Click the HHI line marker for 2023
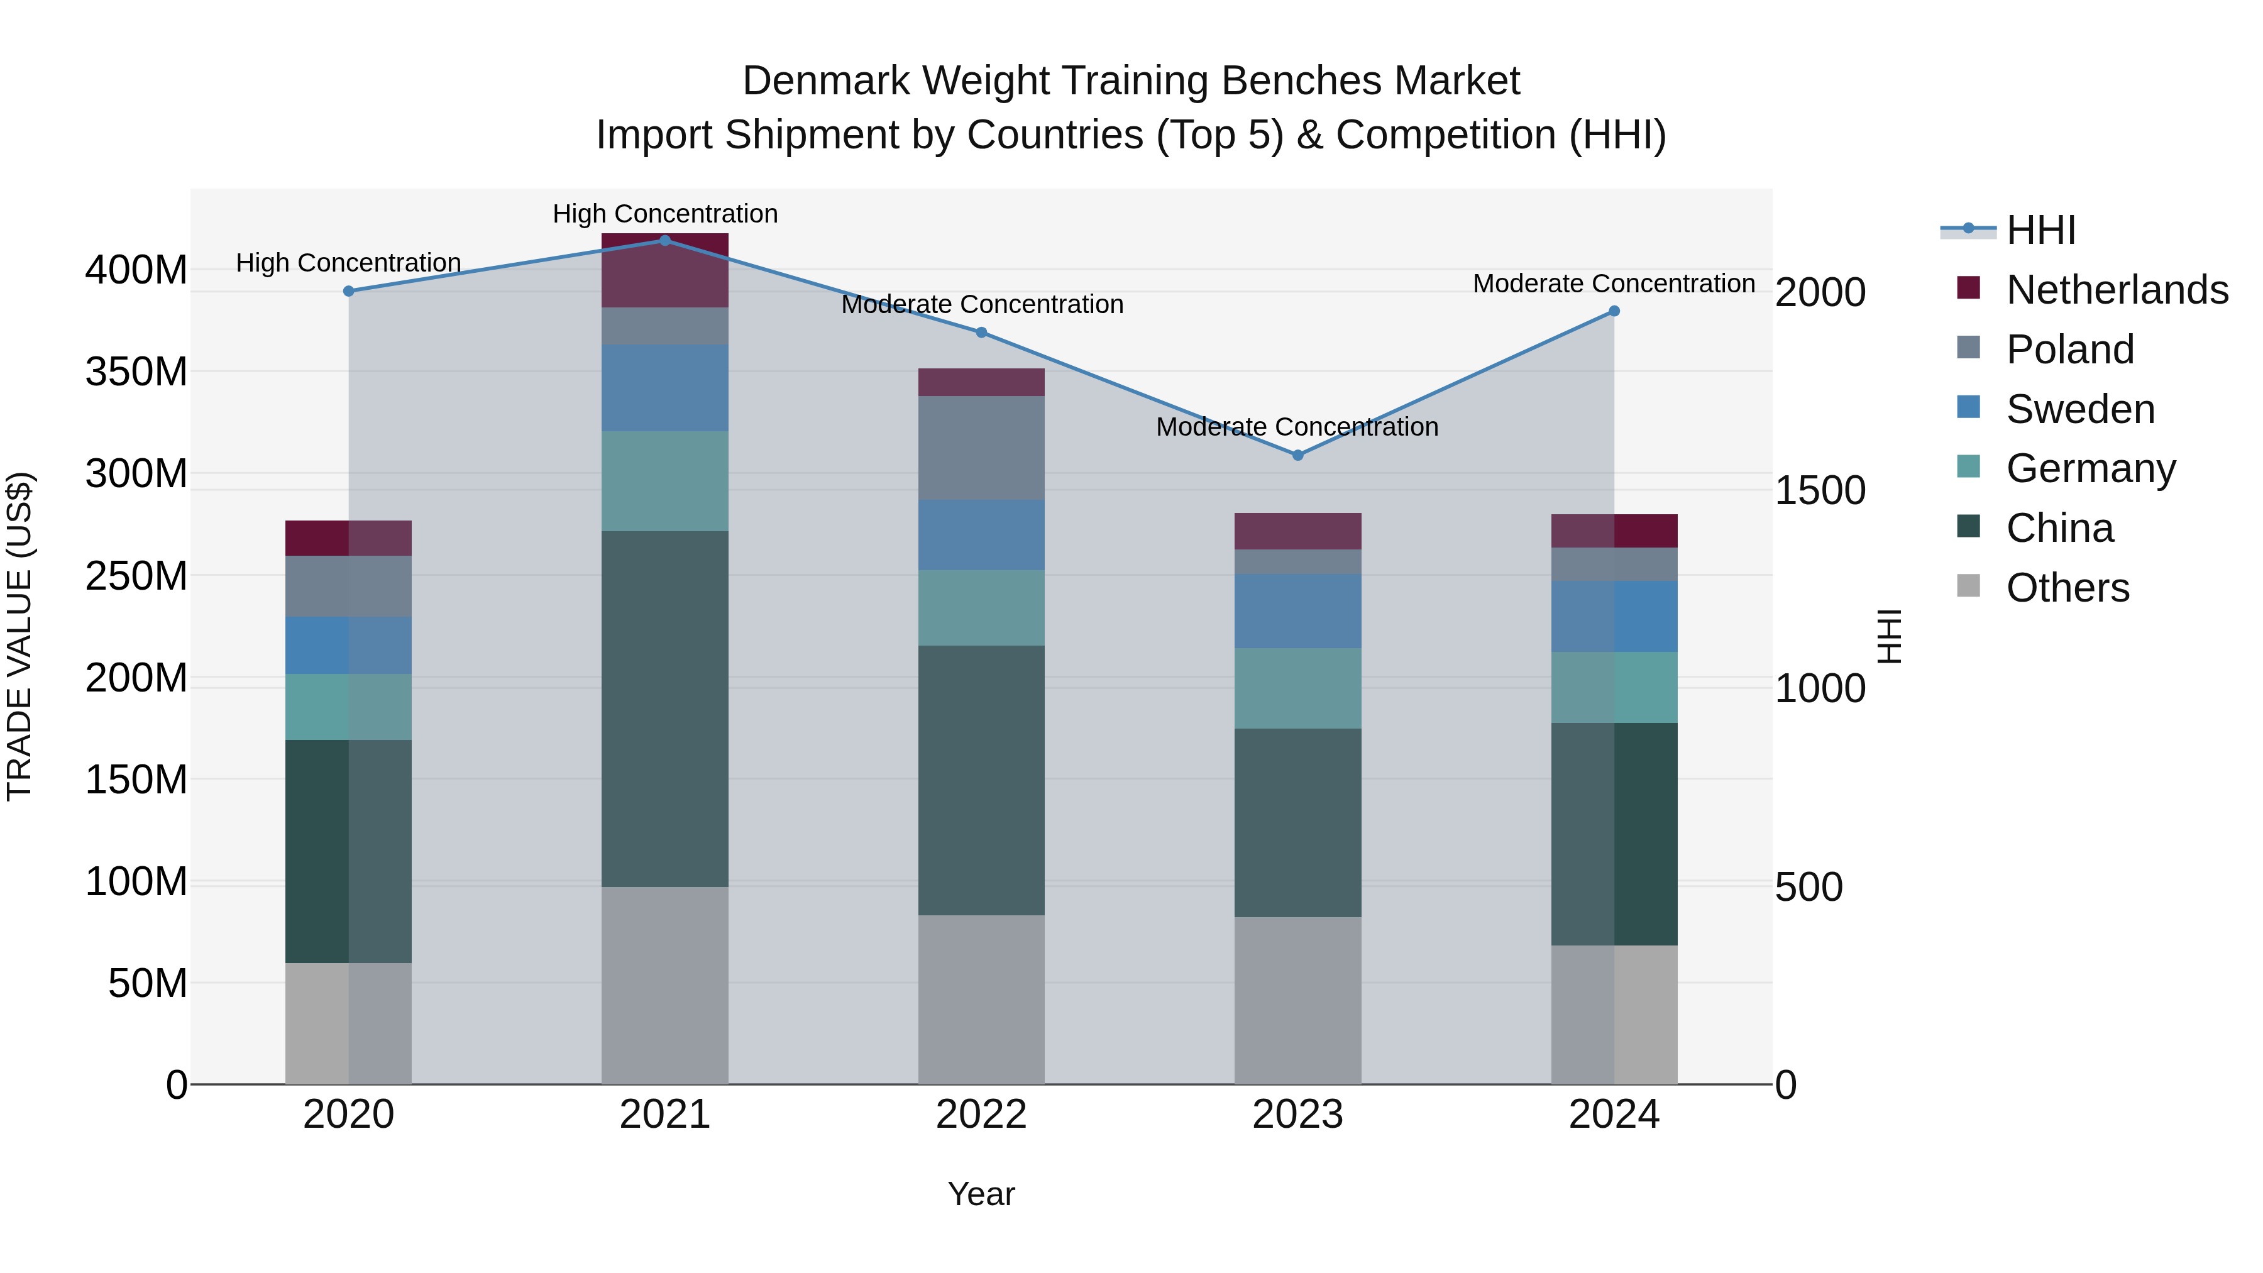coord(1297,455)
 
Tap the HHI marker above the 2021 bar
coord(665,241)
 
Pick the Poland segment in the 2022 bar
coord(981,448)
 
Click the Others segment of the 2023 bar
coord(1297,1001)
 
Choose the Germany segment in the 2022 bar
coord(981,608)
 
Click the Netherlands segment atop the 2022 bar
coord(981,382)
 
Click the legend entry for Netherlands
coord(2117,290)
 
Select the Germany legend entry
coord(2090,468)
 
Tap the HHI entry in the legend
coord(2040,230)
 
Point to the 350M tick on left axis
coord(136,372)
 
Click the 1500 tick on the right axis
coord(1819,490)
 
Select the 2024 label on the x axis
coord(1614,1115)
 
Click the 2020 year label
coord(349,1115)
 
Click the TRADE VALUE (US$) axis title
coord(19,636)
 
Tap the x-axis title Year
coord(981,1194)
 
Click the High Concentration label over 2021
coord(665,214)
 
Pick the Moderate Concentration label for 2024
coord(1614,284)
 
